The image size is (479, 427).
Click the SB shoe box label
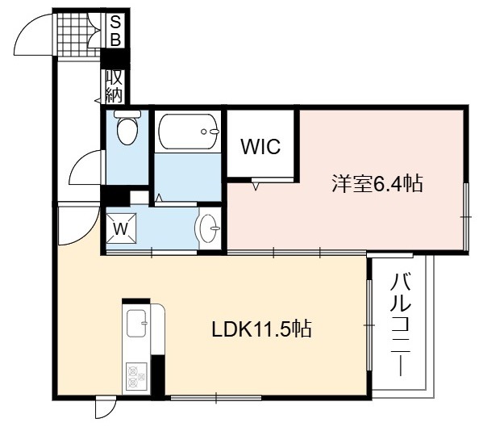(115, 31)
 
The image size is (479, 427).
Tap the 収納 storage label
(115, 87)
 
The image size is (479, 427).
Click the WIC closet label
(260, 146)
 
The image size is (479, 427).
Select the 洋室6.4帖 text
(377, 183)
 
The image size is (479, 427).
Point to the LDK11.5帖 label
(262, 329)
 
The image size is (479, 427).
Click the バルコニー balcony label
(400, 324)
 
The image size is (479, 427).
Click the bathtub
(188, 132)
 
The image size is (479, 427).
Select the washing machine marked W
(121, 228)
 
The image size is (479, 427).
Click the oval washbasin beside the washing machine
(208, 228)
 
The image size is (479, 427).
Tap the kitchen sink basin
(137, 323)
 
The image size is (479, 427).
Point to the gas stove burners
(136, 376)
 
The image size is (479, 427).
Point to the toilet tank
(127, 114)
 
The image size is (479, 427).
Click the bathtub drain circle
(203, 132)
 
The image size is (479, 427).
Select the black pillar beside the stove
(158, 377)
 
